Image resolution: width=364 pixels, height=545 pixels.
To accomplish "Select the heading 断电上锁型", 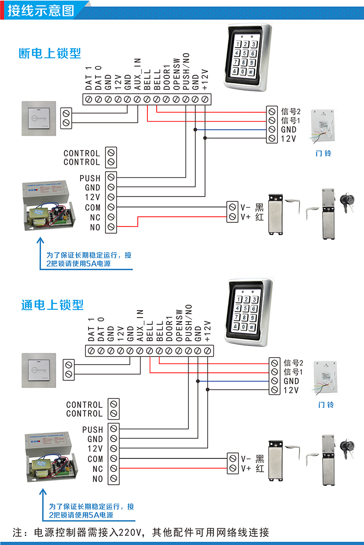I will [x=50, y=53].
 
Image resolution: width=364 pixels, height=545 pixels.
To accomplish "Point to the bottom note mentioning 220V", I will [x=141, y=533].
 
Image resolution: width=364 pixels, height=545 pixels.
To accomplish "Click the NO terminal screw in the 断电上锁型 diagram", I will [x=111, y=226].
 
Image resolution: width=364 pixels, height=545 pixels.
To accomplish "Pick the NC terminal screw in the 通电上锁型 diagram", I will [x=113, y=469].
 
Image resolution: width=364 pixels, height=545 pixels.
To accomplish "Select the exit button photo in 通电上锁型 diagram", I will [x=40, y=371].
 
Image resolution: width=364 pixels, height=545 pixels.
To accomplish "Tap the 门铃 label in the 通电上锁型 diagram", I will [x=326, y=405].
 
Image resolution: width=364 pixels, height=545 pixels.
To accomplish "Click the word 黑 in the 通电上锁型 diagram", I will [x=260, y=458].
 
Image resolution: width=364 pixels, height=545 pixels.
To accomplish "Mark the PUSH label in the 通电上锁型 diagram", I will [x=93, y=429].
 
